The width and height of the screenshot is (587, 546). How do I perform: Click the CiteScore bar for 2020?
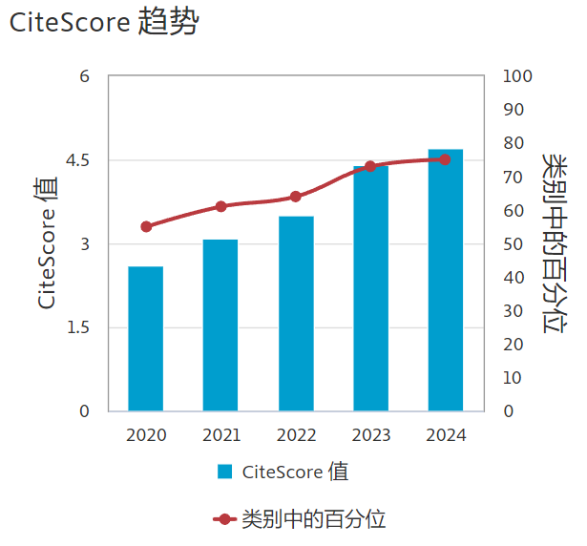coord(146,339)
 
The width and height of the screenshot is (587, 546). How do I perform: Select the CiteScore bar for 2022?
coord(296,314)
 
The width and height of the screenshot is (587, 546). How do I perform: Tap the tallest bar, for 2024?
coord(446,281)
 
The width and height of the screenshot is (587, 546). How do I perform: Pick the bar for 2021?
coord(220,325)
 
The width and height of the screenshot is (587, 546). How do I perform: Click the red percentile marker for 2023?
coord(370,167)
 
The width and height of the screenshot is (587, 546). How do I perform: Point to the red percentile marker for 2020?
coord(146,227)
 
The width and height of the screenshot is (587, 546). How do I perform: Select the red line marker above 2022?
coord(296,197)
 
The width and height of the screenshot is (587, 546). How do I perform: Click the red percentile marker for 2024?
coord(446,159)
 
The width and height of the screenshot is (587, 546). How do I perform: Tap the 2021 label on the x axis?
coord(221,435)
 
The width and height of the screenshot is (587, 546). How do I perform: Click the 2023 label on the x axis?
coord(371,435)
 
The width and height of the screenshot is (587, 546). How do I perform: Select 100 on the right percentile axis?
coord(517,76)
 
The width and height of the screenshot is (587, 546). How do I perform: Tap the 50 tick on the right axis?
coord(513,244)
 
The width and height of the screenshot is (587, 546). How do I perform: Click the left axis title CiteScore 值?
coord(47,244)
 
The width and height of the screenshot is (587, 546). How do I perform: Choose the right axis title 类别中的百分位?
coord(553,243)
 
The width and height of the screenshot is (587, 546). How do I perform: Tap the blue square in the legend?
coord(225,472)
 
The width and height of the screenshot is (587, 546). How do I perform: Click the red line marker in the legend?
coord(224,519)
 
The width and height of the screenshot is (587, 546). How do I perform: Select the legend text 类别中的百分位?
coord(314,519)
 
